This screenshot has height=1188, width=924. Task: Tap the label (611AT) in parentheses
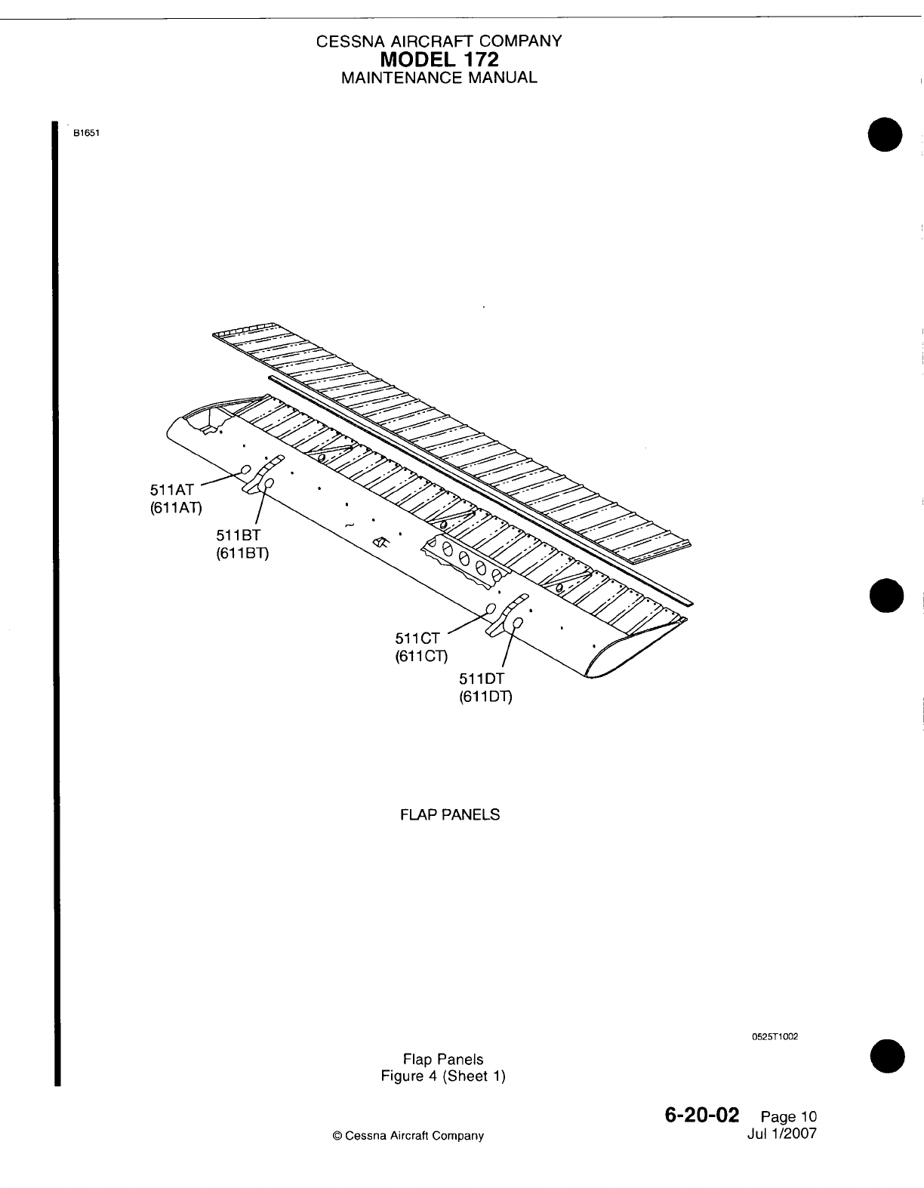(x=176, y=508)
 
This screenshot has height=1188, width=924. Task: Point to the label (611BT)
(x=242, y=552)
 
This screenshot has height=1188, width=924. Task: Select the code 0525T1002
(x=775, y=1036)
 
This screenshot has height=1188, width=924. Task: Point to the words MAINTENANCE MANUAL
(x=439, y=77)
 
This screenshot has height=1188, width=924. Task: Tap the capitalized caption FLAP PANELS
(x=450, y=815)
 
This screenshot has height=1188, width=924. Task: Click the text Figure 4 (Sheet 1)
(x=443, y=1076)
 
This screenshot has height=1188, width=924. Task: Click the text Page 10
(x=789, y=1117)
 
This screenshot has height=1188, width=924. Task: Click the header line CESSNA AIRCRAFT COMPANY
(x=439, y=42)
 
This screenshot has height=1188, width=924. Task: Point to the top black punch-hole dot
(x=885, y=135)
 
